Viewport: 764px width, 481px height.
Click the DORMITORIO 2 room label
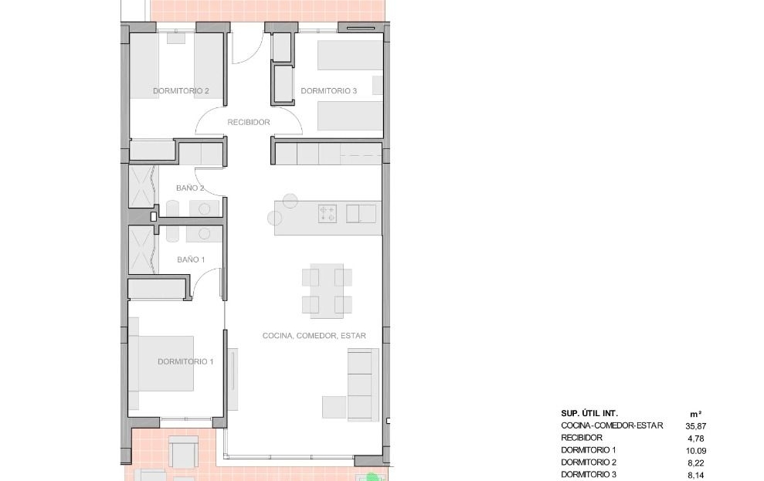coord(181,91)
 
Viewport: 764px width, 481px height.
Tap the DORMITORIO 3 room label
coord(328,91)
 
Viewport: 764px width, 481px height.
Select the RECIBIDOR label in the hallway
coord(249,122)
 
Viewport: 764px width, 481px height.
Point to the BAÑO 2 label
coord(190,188)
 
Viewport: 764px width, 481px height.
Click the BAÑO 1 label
coord(191,259)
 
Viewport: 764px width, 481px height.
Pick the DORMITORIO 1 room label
coord(185,362)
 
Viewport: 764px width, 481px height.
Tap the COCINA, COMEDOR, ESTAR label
coord(314,335)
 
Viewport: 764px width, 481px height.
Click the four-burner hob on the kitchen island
coord(328,214)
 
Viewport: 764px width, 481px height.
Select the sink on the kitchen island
coord(361,214)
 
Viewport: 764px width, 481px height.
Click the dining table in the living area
coord(327,290)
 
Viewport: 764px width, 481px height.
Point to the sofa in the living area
coord(363,384)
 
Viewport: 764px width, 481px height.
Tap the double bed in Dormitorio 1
coord(166,363)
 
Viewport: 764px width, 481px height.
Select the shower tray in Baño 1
coord(143,252)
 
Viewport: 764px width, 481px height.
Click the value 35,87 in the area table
coord(696,426)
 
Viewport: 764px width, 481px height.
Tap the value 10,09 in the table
coord(696,451)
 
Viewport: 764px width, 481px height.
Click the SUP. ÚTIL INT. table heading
coord(589,413)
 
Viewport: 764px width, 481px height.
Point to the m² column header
coord(696,414)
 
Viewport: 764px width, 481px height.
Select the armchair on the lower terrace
coord(183,450)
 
